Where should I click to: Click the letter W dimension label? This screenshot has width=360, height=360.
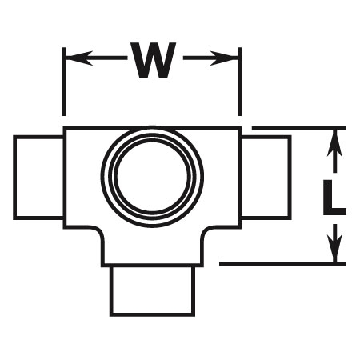152,60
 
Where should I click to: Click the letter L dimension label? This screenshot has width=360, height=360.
334,198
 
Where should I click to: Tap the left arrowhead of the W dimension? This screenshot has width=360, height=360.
79,58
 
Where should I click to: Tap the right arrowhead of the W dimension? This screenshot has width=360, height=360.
224,58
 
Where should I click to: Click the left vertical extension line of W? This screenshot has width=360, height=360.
64,82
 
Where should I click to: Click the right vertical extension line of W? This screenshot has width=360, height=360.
239,82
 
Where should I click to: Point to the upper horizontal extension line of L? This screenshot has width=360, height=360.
298,128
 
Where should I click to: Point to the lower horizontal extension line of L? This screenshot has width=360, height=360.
282,264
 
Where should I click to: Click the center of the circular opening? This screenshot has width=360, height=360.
152,176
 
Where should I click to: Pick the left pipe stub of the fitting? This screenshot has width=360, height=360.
38,178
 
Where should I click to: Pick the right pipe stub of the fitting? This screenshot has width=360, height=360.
266,178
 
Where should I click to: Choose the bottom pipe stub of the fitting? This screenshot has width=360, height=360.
152,291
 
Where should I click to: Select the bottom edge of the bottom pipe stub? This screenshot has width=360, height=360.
152,315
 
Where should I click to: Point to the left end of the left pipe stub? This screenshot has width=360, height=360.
15,178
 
